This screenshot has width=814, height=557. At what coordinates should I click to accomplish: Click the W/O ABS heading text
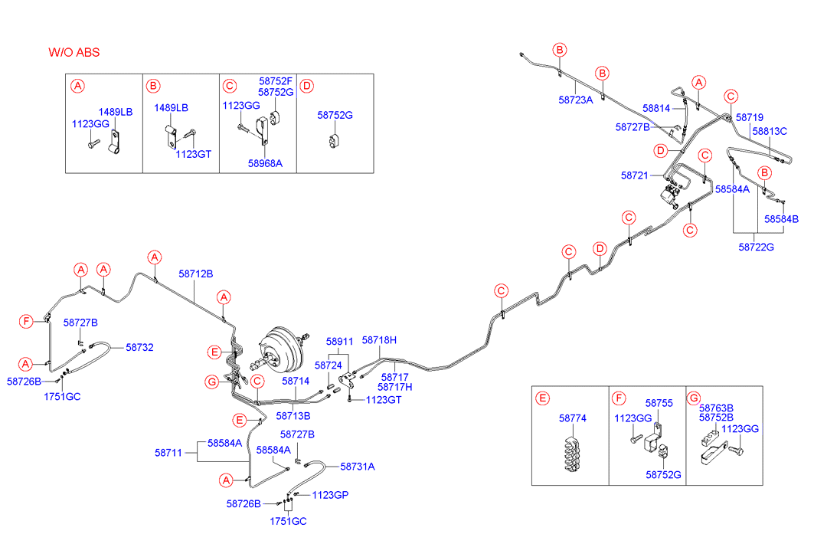pos(74,52)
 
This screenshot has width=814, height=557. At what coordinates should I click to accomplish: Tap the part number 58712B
pos(196,274)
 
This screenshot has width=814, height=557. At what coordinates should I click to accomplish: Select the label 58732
pos(140,347)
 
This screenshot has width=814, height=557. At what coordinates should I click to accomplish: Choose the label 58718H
pos(379,339)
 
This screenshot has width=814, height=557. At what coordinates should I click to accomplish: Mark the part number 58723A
pos(576,100)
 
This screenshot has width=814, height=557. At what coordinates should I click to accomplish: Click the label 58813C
pos(770,131)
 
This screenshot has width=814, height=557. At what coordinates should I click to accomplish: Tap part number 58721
pos(635,175)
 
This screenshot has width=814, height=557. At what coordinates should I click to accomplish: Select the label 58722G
pos(756,247)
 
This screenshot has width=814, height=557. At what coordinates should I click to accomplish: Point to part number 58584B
pos(781,219)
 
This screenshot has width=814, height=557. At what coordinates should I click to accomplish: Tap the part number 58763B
pos(716,408)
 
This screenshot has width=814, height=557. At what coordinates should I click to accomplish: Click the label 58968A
pos(265,163)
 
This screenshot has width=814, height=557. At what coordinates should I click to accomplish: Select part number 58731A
pos(357,466)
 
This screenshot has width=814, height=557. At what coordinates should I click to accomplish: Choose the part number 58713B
pos(294,416)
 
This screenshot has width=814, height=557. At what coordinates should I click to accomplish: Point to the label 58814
pos(656,109)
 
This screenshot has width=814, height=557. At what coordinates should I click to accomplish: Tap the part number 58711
pos(168,453)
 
